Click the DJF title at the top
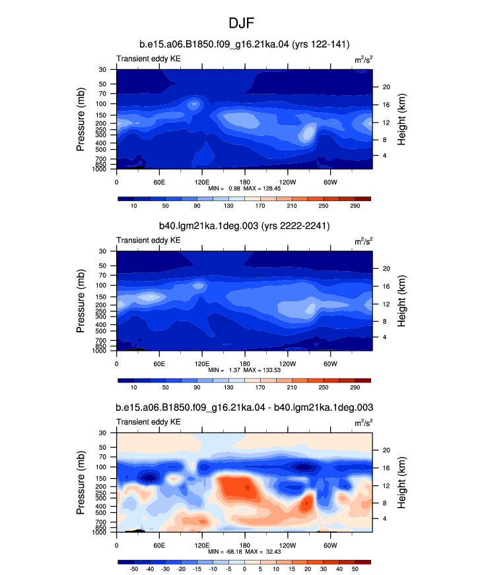click(241, 23)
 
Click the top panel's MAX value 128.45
click(272, 189)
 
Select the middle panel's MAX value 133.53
click(272, 370)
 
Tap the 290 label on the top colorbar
click(355, 206)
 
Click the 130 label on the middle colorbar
click(228, 387)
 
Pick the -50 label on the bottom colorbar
click(134, 569)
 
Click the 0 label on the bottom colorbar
click(244, 569)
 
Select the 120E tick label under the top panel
click(202, 182)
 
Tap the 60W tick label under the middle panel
click(331, 364)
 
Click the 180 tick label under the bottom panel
click(244, 545)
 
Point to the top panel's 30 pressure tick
click(102, 70)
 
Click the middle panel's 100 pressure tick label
click(101, 286)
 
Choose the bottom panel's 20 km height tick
click(386, 450)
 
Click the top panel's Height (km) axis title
click(401, 119)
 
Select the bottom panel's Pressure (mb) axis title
click(81, 483)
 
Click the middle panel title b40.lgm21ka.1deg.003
click(209, 226)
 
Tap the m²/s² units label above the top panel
click(364, 59)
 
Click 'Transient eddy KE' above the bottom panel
click(149, 422)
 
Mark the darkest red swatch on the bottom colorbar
click(363, 562)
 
